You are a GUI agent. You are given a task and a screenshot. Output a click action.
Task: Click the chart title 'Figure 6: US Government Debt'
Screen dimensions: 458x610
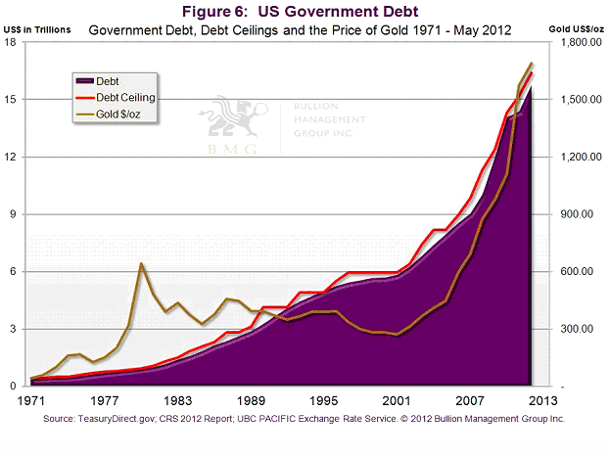pyautogui.click(x=304, y=12)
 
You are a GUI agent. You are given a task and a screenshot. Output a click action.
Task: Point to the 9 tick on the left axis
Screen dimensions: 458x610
pyautogui.click(x=21, y=214)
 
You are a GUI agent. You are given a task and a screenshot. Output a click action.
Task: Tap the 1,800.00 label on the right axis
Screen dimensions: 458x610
pyautogui.click(x=579, y=43)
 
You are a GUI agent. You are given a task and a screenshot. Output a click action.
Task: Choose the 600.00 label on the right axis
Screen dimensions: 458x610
pyautogui.click(x=576, y=272)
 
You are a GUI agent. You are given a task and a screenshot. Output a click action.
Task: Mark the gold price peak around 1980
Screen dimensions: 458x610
pyautogui.click(x=142, y=263)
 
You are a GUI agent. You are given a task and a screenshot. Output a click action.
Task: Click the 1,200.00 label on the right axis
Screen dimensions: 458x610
pyautogui.click(x=579, y=158)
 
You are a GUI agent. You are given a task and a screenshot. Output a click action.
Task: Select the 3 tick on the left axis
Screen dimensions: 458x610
pyautogui.click(x=21, y=329)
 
